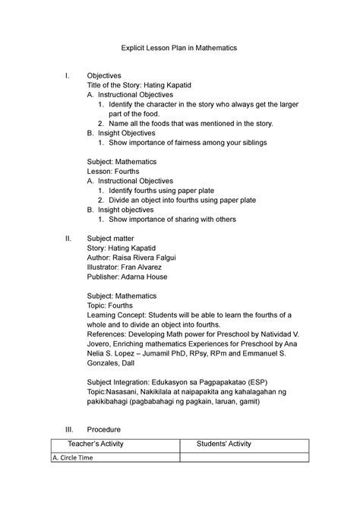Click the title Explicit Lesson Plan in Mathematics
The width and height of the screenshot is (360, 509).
180,47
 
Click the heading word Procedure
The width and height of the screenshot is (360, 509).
104,428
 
